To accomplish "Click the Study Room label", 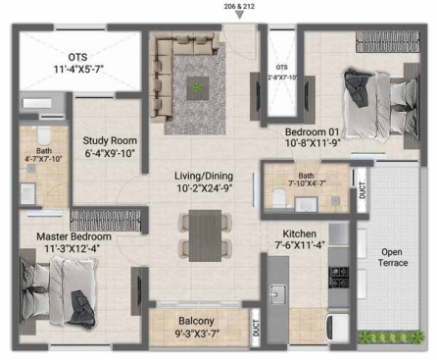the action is click(110, 140).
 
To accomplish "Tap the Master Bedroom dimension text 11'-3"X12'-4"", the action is click(72, 248).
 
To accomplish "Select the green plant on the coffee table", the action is click(197, 87).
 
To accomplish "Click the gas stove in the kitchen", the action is click(339, 278).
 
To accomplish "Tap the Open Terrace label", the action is click(392, 257).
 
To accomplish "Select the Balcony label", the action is click(196, 321).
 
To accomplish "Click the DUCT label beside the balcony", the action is click(256, 328).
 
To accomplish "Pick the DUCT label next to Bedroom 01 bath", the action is click(363, 190).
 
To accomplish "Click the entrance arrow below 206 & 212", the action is click(240, 15).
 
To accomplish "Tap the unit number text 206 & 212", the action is click(239, 6).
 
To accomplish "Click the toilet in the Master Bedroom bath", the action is click(44, 135).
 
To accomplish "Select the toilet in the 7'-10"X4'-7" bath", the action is click(279, 197).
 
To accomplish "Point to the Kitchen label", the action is click(299, 233).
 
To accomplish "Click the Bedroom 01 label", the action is click(312, 131).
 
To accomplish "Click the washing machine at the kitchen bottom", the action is click(337, 328).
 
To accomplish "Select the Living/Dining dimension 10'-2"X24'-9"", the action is click(205, 188).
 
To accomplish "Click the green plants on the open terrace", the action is click(391, 337).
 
